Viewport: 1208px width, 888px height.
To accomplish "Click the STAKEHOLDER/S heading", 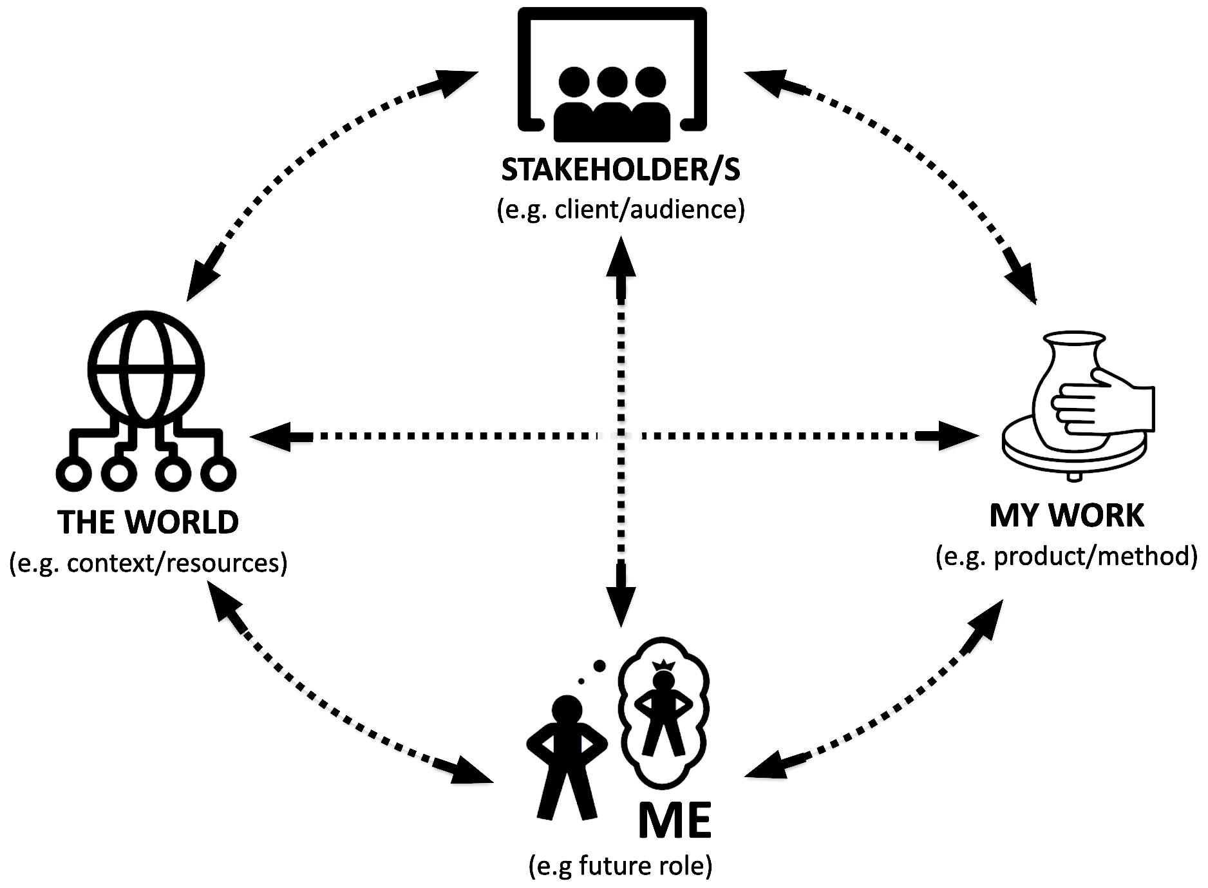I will [621, 170].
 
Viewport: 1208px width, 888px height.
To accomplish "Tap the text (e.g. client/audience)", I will [621, 210].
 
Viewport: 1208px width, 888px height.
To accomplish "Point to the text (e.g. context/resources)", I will [148, 563].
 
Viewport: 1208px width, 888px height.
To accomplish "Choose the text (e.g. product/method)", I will [1066, 555].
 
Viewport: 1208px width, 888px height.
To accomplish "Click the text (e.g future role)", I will [621, 865].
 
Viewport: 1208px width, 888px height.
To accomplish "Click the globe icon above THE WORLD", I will [147, 369].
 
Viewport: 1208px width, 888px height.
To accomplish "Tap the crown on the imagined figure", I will [663, 664].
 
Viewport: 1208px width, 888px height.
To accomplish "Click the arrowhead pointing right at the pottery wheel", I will [959, 436].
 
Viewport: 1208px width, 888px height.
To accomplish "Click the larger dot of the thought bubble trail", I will [599, 665].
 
